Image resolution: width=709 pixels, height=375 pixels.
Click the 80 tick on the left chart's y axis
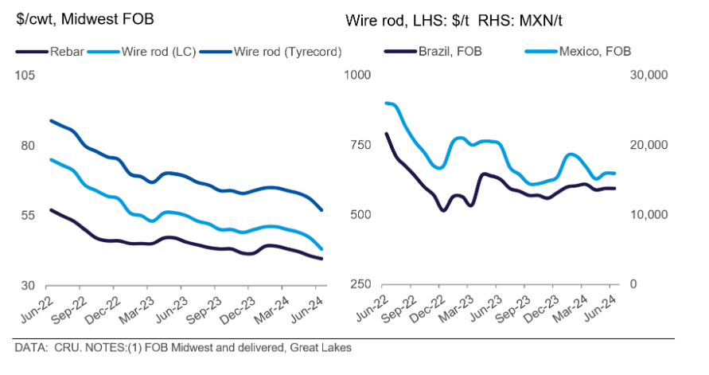pos(29,146)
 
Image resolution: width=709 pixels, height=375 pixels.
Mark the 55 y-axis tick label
pos(29,215)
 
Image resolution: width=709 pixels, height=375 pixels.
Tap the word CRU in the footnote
pos(60,348)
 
